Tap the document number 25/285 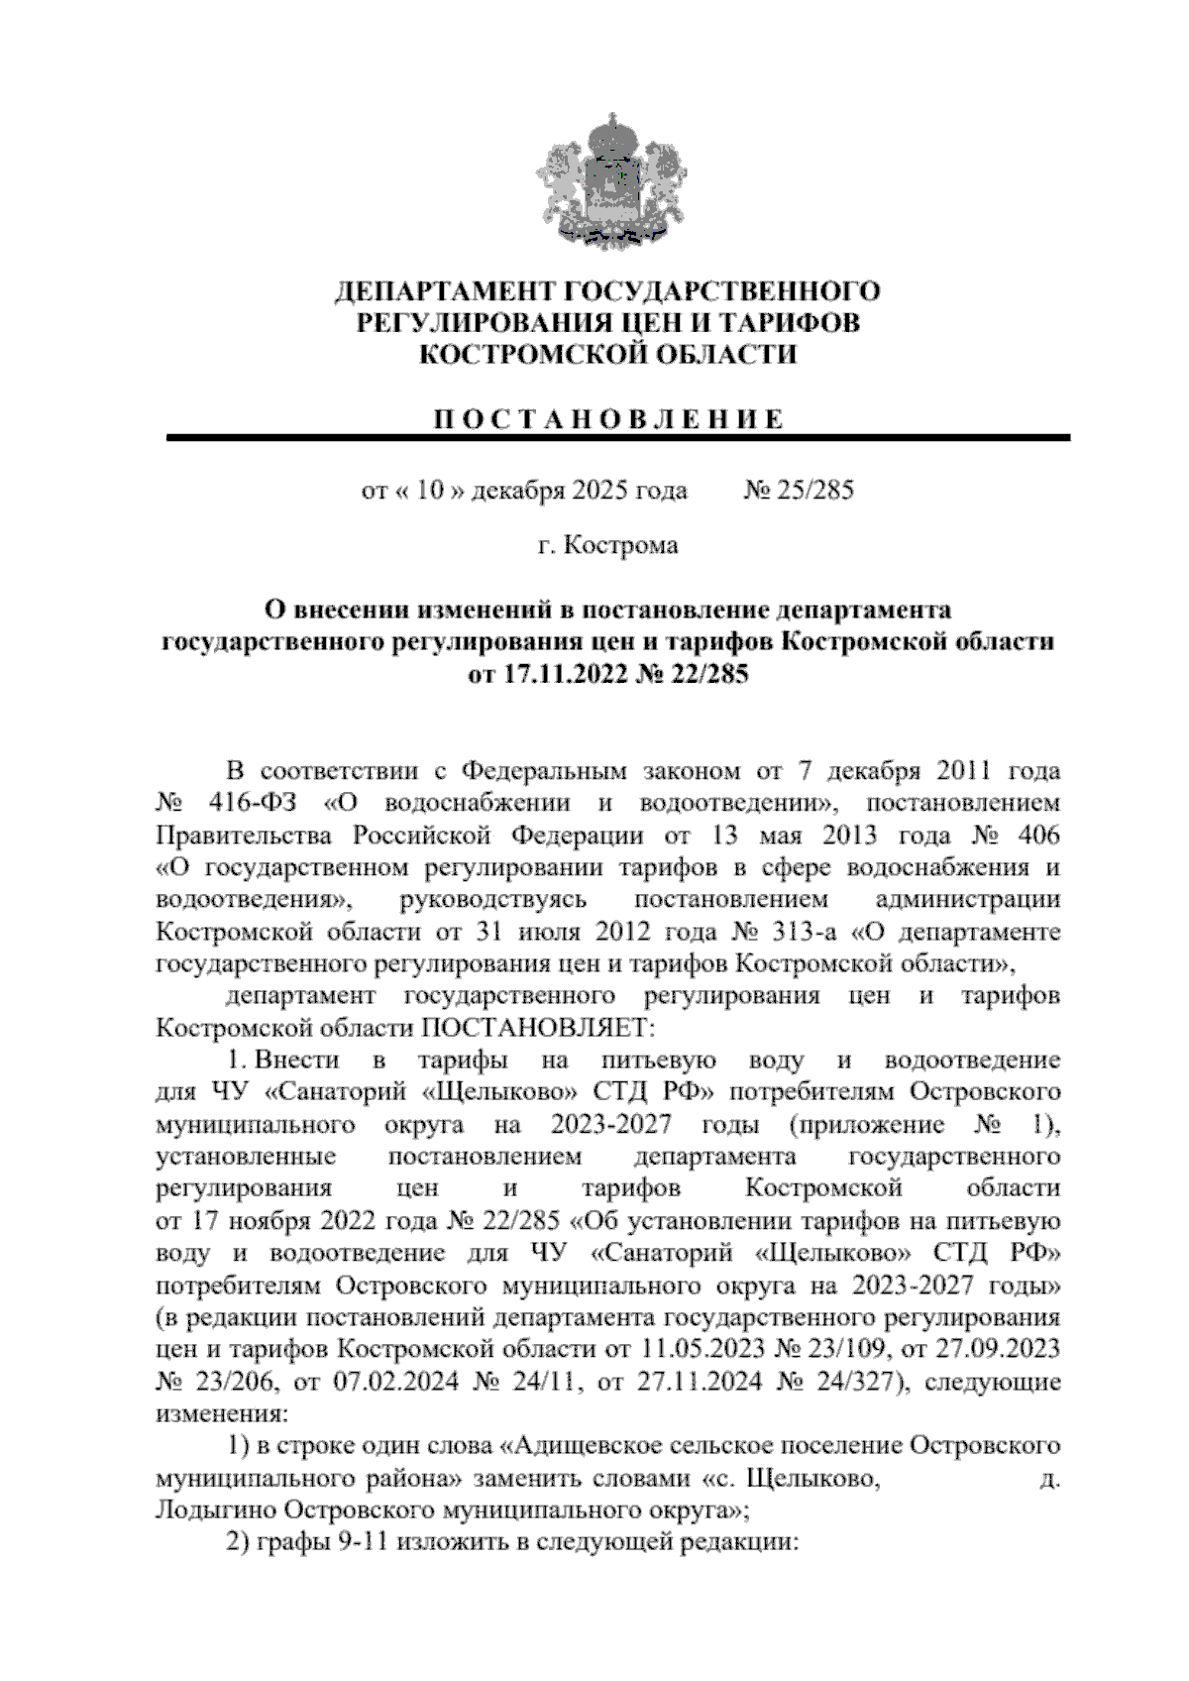tap(812, 490)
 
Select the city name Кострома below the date tap(621, 545)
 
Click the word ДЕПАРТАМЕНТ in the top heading tap(446, 291)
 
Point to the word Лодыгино tap(215, 1511)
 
